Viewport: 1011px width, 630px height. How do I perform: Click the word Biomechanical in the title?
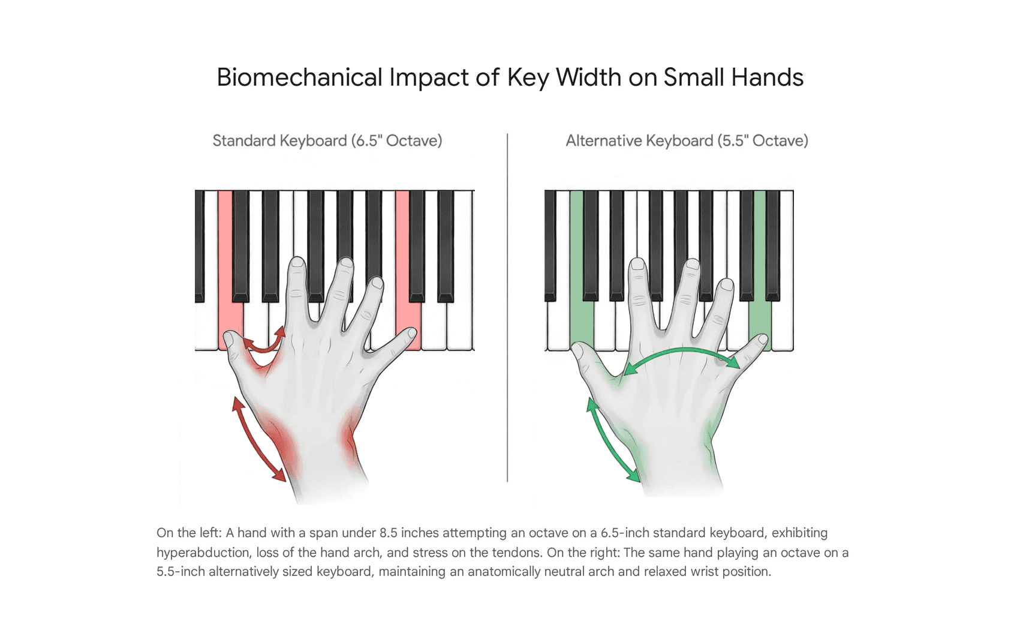[x=299, y=77]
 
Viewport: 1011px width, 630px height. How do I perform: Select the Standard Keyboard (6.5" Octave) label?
[x=327, y=141]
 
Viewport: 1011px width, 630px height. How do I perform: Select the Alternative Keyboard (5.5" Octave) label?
[x=687, y=141]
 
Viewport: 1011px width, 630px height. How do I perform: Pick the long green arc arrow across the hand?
[x=681, y=353]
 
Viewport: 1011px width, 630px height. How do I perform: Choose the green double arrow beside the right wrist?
[x=612, y=440]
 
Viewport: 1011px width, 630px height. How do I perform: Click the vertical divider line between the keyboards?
[x=507, y=306]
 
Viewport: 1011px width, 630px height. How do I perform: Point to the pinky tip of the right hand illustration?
[x=762, y=341]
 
